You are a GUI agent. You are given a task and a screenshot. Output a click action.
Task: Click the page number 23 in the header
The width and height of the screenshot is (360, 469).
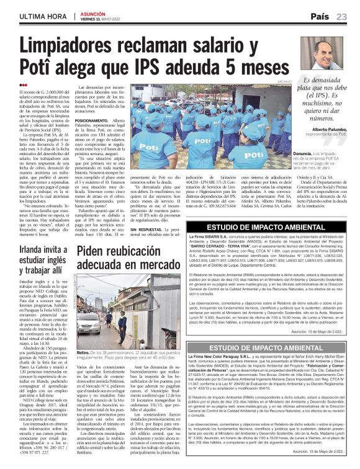(341, 16)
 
